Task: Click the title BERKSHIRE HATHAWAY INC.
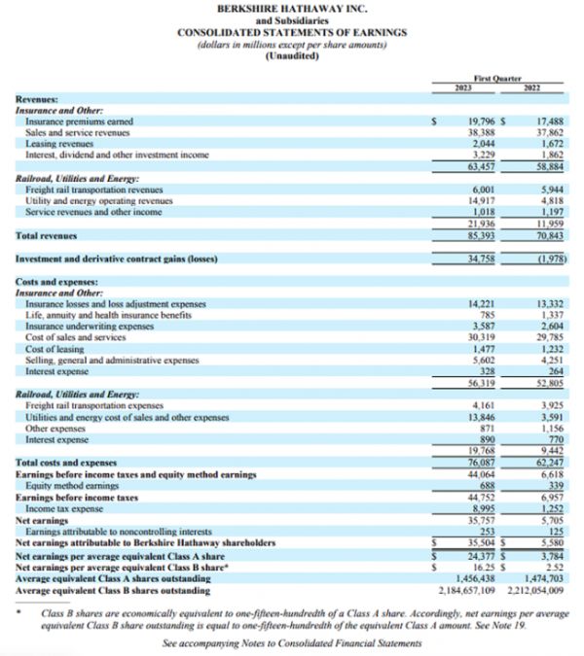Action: [x=291, y=8]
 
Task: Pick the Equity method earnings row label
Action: [x=66, y=486]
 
